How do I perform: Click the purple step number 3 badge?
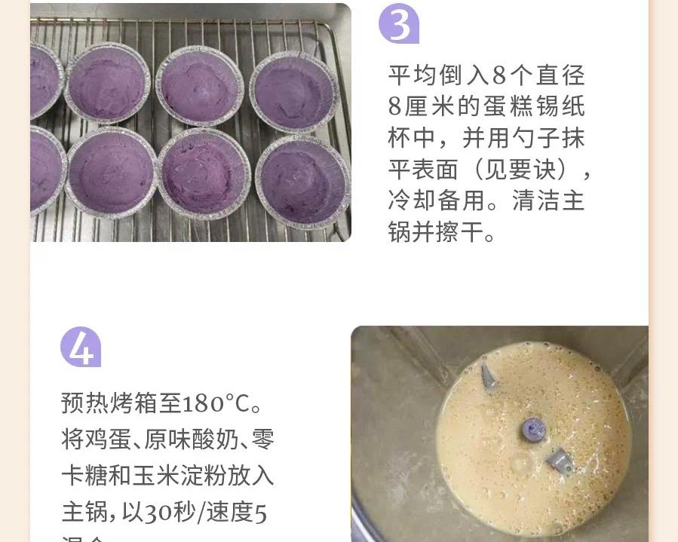pos(398,25)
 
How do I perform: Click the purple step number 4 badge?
pos(80,347)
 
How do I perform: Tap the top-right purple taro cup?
pos(294,92)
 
